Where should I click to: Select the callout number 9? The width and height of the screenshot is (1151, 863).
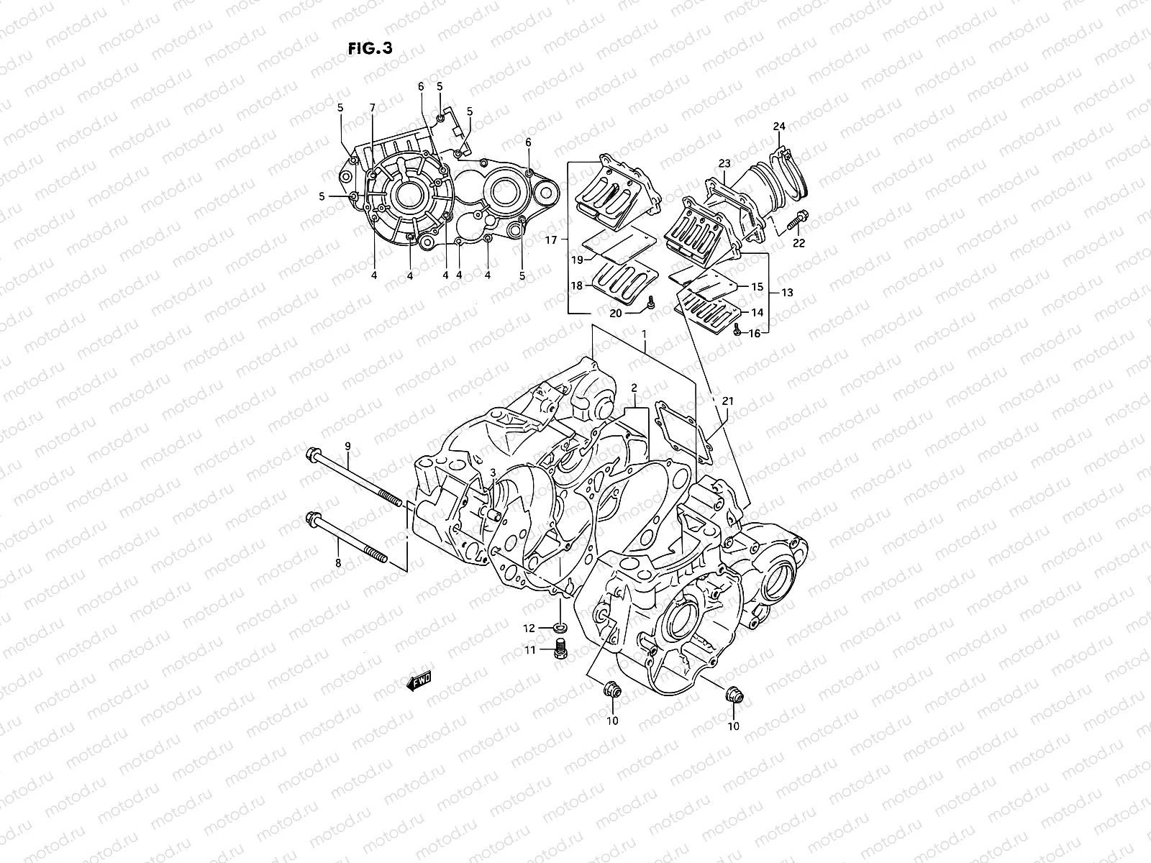[347, 447]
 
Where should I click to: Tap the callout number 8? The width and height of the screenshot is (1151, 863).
[337, 563]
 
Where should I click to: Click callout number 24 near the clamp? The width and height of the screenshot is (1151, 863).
[779, 127]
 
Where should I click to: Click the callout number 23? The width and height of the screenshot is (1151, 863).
[724, 163]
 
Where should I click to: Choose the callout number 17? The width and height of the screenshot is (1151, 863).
[552, 240]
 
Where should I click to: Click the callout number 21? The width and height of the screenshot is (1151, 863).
[728, 401]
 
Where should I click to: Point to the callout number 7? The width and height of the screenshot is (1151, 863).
[373, 108]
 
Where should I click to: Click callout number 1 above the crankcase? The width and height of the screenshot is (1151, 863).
[645, 334]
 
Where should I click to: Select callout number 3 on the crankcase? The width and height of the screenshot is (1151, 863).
[493, 472]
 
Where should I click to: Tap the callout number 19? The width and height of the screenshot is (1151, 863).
[577, 259]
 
